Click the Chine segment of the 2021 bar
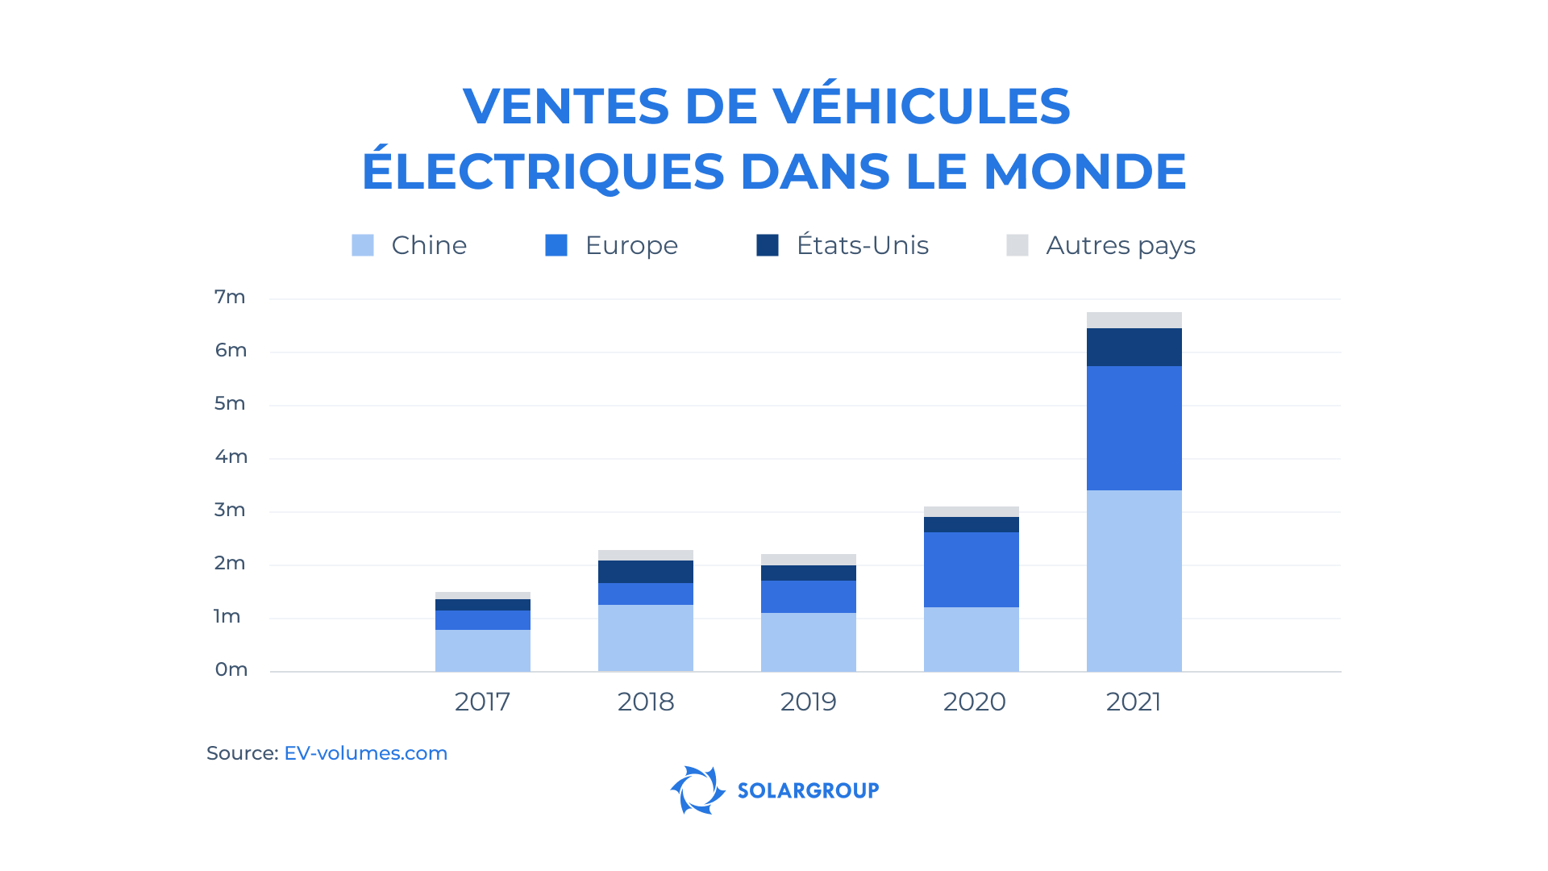click(1134, 581)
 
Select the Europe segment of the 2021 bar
click(1134, 428)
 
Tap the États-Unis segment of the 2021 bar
click(1134, 348)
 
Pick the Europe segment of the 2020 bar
click(971, 569)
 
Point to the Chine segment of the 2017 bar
click(482, 650)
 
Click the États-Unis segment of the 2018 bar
click(645, 572)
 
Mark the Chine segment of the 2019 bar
click(808, 642)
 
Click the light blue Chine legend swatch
click(363, 245)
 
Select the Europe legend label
click(631, 245)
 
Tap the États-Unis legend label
click(862, 245)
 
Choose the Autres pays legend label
click(1120, 245)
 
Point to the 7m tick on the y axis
click(230, 297)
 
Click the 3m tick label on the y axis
click(230, 510)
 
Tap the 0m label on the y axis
click(231, 669)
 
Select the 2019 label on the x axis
click(808, 702)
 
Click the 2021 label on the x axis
click(1133, 702)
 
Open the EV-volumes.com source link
click(365, 753)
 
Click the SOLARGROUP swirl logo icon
click(697, 790)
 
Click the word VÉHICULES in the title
click(921, 106)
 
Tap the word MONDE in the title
click(1084, 171)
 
